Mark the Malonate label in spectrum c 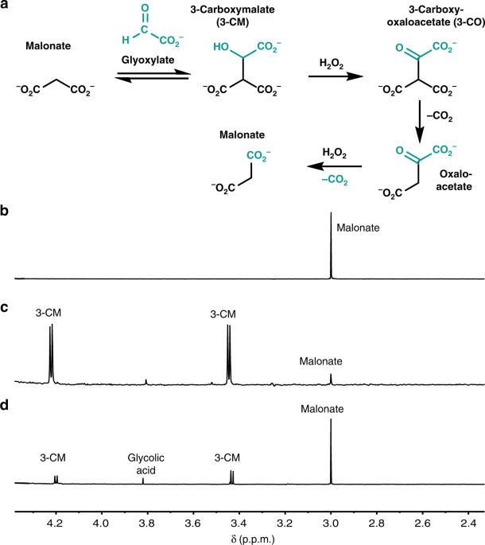click(x=321, y=361)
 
